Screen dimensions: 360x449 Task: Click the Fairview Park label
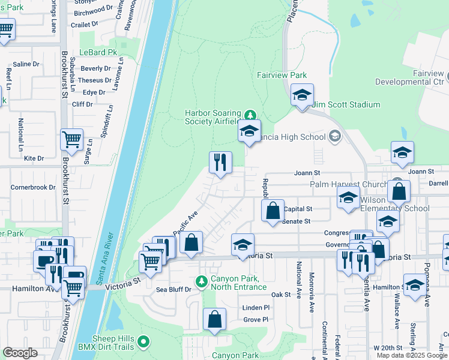pyautogui.click(x=282, y=75)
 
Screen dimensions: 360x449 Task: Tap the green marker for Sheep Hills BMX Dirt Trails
pyautogui.click(x=143, y=342)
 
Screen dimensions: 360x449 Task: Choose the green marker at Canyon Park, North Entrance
pyautogui.click(x=202, y=281)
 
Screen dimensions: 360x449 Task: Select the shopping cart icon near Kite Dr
pyautogui.click(x=71, y=139)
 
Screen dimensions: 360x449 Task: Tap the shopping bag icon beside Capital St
pyautogui.click(x=273, y=211)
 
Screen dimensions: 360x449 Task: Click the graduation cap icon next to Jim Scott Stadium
pyautogui.click(x=302, y=95)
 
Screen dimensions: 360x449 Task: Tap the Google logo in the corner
pyautogui.click(x=20, y=353)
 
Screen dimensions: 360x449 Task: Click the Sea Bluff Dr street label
pyautogui.click(x=173, y=289)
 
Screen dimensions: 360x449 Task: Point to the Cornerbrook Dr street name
pyautogui.click(x=33, y=187)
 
